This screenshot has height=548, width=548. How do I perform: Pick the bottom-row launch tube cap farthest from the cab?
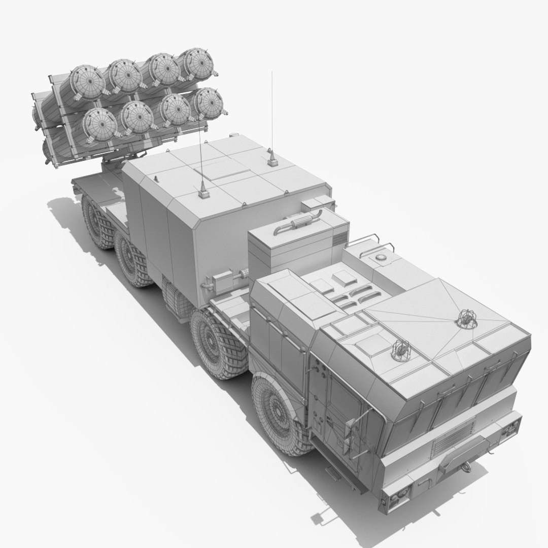click(99, 125)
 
